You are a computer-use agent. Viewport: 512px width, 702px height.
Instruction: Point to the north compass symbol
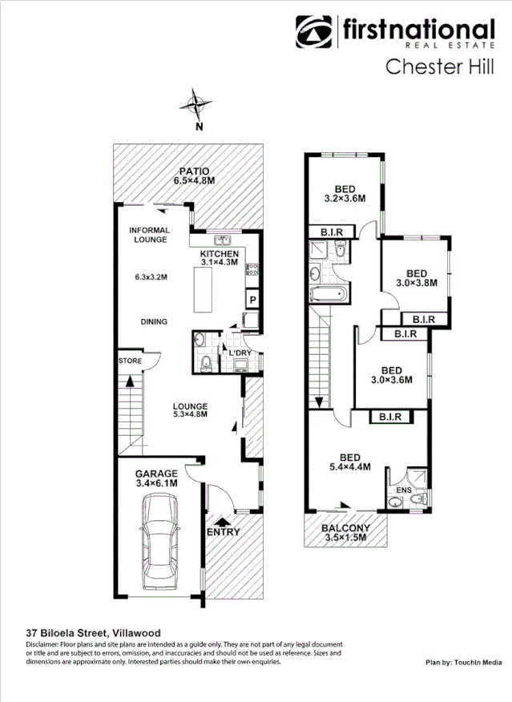click(197, 106)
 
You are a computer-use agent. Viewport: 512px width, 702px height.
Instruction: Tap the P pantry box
click(252, 301)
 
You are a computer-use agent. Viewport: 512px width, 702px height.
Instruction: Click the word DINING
click(153, 322)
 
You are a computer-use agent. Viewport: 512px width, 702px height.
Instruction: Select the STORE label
click(130, 361)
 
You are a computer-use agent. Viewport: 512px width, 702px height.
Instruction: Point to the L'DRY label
click(240, 353)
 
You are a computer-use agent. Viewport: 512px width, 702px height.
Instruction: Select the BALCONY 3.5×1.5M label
click(345, 533)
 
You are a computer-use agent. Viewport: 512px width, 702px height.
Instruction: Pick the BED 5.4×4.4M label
click(349, 462)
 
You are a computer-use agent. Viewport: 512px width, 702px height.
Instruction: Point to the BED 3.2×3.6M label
click(345, 193)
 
